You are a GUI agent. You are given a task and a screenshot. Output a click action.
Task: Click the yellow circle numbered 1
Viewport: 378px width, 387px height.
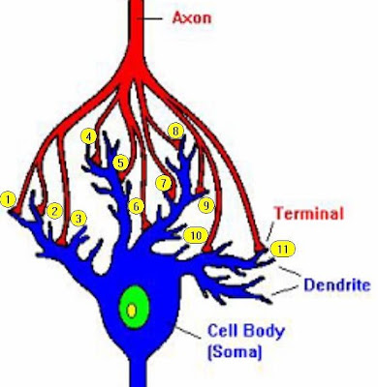point(8,200)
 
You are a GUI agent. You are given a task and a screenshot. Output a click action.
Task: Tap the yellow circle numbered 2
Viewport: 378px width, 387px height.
point(54,211)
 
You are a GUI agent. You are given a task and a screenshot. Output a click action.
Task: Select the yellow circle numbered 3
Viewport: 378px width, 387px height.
point(79,219)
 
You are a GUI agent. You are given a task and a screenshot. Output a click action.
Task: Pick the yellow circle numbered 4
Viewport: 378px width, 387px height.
point(89,136)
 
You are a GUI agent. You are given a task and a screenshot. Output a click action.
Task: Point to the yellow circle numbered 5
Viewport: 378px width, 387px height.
point(121,163)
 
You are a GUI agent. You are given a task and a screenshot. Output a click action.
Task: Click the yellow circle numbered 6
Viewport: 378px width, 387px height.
point(137,206)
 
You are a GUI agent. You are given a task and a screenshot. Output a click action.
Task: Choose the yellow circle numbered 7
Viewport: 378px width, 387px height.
point(164,184)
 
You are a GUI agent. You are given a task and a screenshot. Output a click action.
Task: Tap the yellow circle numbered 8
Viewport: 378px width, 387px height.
point(175,132)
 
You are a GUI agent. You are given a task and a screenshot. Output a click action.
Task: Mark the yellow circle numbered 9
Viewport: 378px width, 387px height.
point(206,205)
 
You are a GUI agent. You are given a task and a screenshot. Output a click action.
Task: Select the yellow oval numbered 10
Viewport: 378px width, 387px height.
point(196,236)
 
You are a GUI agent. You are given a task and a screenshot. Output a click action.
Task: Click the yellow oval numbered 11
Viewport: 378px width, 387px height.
point(283,249)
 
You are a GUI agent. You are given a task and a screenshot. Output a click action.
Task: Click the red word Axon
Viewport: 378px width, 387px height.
point(192,17)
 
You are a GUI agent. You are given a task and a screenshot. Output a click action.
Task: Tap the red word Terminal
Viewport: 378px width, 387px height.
point(308,213)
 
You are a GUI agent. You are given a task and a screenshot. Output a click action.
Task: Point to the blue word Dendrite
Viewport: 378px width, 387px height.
point(337,285)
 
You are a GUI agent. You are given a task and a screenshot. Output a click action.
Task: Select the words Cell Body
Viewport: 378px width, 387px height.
point(246,331)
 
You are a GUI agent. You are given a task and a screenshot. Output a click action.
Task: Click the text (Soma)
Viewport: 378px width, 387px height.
point(235,351)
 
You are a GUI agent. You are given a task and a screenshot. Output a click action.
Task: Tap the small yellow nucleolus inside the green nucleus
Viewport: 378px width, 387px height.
point(132,311)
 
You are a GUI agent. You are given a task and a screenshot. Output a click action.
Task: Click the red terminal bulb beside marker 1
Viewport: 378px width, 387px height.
point(16,210)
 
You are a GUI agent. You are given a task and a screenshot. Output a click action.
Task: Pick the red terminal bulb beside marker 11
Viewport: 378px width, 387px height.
point(259,248)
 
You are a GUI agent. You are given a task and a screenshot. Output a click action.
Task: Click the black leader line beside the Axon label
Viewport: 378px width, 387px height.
point(150,18)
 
